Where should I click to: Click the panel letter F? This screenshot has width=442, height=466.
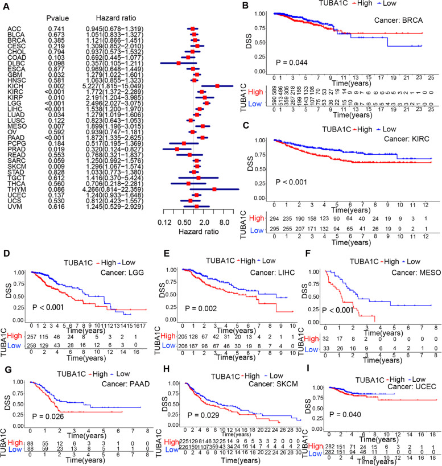pos(302,250)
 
